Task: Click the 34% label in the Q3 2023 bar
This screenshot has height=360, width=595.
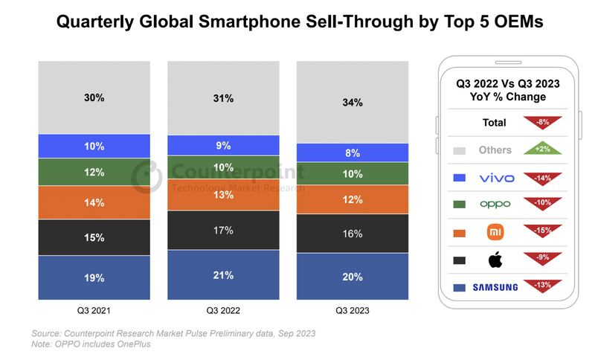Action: (353, 103)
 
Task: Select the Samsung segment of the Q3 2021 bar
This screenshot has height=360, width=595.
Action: (94, 277)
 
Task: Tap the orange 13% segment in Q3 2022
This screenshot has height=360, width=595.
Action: (223, 195)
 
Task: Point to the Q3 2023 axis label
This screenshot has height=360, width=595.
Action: (352, 311)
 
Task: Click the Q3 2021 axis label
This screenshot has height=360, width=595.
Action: (94, 311)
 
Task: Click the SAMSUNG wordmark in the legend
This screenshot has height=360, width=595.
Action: (495, 286)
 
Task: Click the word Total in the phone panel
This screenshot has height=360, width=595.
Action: (494, 123)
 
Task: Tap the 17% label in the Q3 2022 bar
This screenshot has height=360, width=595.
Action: (223, 231)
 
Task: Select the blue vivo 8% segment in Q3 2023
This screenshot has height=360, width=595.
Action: (353, 152)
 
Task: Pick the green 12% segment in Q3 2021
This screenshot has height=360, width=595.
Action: (94, 172)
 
